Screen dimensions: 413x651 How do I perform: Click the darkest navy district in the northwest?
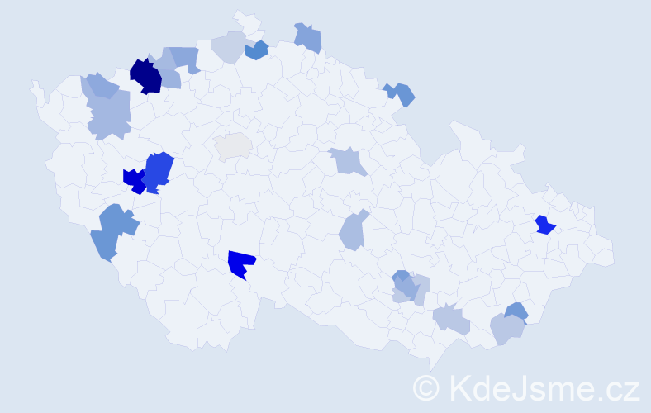(x=145, y=76)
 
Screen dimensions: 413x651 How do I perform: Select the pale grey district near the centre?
(x=233, y=145)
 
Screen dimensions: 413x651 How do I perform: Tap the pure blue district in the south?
(x=241, y=264)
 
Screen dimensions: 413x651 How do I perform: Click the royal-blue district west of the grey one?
(x=159, y=170)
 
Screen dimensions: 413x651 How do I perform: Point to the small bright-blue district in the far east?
(x=544, y=225)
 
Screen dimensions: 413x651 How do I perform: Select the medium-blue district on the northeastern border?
(x=402, y=93)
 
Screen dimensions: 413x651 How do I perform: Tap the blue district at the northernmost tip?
(x=308, y=38)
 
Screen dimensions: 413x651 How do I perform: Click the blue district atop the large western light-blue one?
(x=99, y=85)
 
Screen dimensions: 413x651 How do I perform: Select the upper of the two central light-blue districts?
(x=348, y=161)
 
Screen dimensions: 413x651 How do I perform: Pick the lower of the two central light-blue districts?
(x=354, y=231)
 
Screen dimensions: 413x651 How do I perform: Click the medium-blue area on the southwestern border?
(x=112, y=230)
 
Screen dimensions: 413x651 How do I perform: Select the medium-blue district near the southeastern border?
(x=516, y=311)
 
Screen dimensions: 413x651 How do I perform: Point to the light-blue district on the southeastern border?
(x=506, y=329)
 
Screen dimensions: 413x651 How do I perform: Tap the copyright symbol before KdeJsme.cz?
(x=426, y=387)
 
